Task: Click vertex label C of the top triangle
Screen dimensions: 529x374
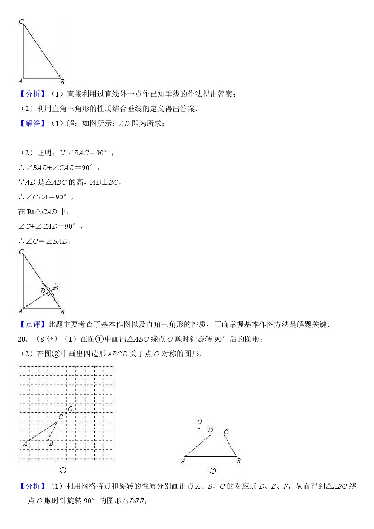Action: pyautogui.click(x=21, y=21)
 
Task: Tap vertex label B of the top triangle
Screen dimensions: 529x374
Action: pyautogui.click(x=62, y=82)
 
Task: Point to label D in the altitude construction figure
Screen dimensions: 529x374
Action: pyautogui.click(x=43, y=291)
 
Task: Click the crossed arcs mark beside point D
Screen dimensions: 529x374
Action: pyautogui.click(x=56, y=287)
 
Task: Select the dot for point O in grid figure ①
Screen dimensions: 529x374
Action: pyautogui.click(x=66, y=413)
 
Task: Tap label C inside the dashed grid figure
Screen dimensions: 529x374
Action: pyautogui.click(x=60, y=417)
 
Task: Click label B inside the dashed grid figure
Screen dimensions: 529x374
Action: pyautogui.click(x=51, y=443)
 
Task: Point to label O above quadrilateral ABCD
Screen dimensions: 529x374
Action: pyautogui.click(x=199, y=422)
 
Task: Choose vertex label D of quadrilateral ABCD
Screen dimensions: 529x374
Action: pyautogui.click(x=210, y=430)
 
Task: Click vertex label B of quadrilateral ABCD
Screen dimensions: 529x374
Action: pyautogui.click(x=238, y=461)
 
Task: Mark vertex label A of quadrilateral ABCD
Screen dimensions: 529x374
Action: pyautogui.click(x=183, y=461)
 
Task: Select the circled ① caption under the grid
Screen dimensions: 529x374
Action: pyautogui.click(x=63, y=470)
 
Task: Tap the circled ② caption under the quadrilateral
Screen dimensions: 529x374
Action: pyautogui.click(x=212, y=471)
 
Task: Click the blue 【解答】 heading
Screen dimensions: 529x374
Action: pyautogui.click(x=33, y=123)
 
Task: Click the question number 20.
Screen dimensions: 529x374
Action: pyautogui.click(x=23, y=339)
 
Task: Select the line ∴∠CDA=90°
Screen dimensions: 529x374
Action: pyautogui.click(x=45, y=197)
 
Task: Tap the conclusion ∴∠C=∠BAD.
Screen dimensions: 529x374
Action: pyautogui.click(x=44, y=241)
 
